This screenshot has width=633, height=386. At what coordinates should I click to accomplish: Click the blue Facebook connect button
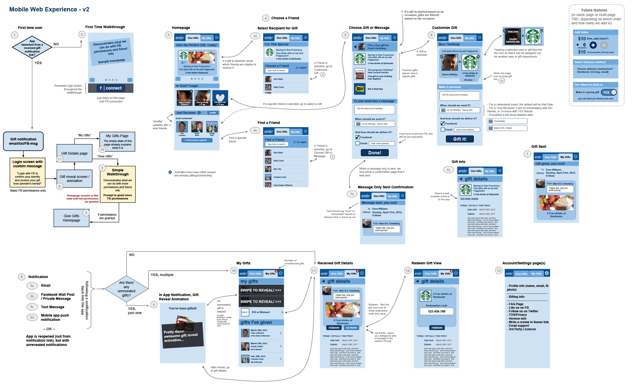111,88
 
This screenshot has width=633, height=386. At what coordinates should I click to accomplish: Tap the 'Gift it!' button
460,139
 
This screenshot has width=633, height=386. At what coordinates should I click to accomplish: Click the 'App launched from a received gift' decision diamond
32,48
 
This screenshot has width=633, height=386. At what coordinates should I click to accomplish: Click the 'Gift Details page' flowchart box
75,153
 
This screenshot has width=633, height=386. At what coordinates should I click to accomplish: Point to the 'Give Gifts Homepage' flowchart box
72,218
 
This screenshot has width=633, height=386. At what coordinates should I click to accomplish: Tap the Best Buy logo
360,89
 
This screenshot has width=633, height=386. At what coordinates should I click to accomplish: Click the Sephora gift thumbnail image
360,74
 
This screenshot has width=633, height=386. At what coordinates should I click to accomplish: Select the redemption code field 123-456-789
437,311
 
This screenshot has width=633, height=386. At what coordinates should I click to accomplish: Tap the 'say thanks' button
351,328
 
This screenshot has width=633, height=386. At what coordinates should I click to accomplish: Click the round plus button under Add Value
593,45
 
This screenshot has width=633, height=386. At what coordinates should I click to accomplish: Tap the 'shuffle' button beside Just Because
213,113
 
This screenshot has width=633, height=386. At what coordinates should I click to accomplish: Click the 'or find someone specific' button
197,140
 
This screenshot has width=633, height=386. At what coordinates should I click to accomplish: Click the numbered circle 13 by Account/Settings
499,271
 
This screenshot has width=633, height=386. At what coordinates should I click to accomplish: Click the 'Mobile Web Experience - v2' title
49,9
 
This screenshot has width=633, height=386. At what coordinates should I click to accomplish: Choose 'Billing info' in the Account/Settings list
517,297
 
